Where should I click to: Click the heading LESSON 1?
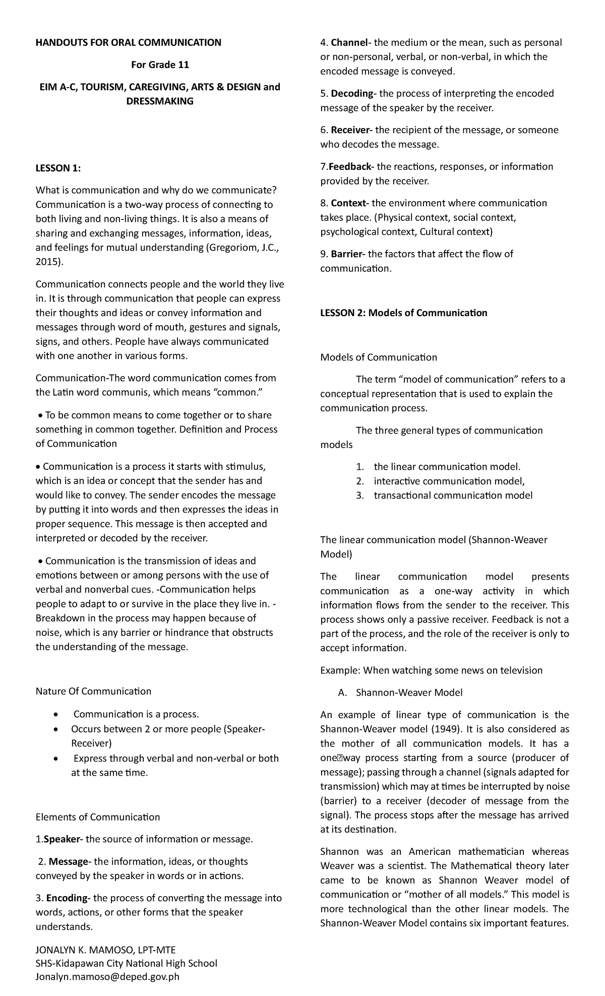[x=58, y=169]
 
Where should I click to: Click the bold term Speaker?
[x=64, y=839]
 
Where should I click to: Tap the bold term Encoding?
[x=68, y=898]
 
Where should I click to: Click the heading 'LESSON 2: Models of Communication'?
[x=404, y=313]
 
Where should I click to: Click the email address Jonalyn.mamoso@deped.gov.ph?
[x=107, y=977]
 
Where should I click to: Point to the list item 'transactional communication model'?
[x=453, y=495]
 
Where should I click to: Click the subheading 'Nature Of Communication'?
[x=93, y=691]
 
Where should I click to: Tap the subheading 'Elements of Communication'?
[x=98, y=817]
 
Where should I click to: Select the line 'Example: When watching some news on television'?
[x=431, y=670]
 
